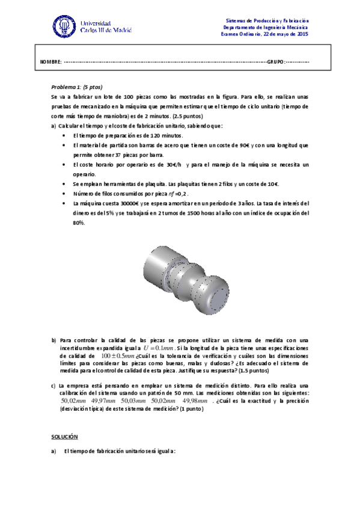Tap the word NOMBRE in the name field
(51, 63)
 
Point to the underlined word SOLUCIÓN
(65, 435)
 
